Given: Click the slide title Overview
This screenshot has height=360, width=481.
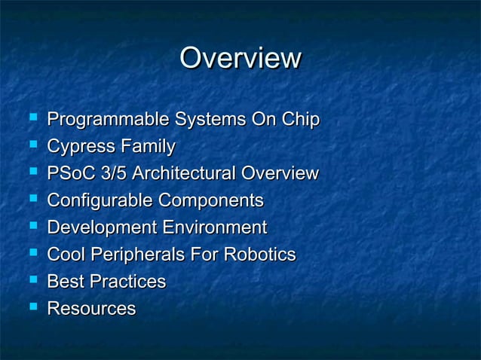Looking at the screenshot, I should click(x=240, y=59).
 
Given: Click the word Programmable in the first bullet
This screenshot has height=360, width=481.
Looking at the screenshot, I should click(x=109, y=120).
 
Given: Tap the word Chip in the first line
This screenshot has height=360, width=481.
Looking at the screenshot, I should click(x=301, y=120).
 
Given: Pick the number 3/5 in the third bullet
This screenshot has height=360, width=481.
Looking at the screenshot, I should click(x=117, y=174).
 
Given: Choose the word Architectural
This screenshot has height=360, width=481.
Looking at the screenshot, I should click(x=183, y=174).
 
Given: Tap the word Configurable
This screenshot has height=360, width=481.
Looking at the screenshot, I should click(x=99, y=201).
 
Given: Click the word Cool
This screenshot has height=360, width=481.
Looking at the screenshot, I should click(x=67, y=255).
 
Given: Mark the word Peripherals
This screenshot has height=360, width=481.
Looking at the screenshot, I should click(x=143, y=255).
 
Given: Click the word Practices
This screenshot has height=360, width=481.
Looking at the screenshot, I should click(x=127, y=282).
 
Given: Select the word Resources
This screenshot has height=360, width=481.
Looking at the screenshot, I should click(x=91, y=310).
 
